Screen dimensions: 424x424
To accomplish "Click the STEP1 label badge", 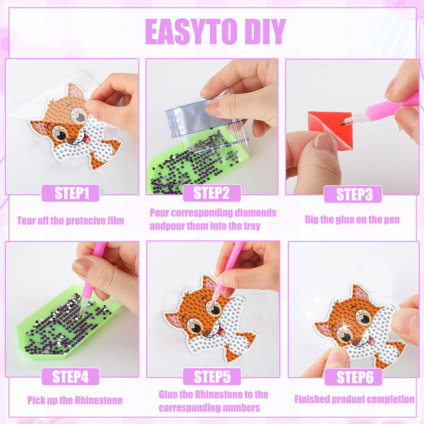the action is tap(70, 193).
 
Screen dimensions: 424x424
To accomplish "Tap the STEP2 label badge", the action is tap(212, 193).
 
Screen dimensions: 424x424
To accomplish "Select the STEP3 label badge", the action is tap(353, 194).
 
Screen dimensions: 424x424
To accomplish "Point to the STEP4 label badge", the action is tap(70, 376).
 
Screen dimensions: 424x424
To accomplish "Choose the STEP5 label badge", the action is tap(212, 376).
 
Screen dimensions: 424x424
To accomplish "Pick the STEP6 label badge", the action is tap(353, 377).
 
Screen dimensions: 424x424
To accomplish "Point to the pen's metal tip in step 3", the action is tap(344, 122).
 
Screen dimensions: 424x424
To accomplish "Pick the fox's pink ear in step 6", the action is tap(360, 294).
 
